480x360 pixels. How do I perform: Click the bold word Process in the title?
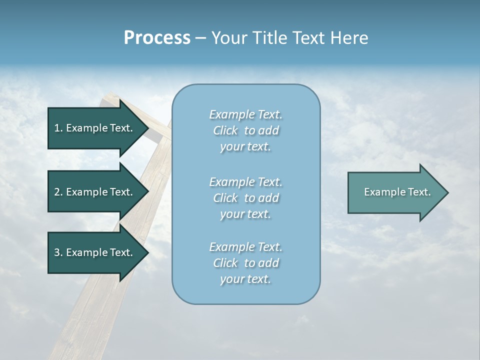(157, 38)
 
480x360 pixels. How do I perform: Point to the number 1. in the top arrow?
(58, 128)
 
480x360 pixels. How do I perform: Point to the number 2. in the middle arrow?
(58, 192)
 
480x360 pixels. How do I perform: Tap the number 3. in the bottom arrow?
(58, 252)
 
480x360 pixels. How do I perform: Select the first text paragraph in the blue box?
(245, 130)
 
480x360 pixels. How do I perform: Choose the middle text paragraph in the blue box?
(245, 198)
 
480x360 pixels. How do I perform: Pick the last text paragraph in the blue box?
(245, 263)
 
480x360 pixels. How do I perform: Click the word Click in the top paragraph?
(225, 130)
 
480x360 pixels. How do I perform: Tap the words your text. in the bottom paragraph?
(245, 279)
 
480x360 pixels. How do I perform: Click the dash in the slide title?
(201, 38)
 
